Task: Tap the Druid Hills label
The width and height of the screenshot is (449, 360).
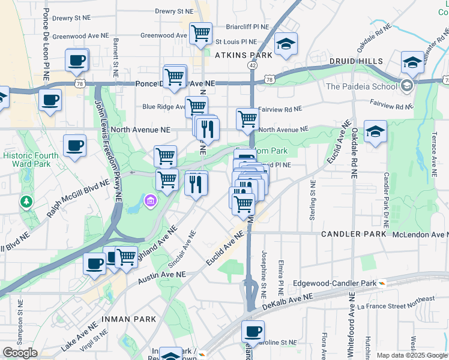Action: (x=355, y=62)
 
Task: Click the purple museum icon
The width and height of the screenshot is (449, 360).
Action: (x=150, y=200)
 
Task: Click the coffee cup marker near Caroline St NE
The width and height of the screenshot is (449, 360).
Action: (x=253, y=331)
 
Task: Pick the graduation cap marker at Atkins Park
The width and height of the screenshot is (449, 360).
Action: (x=286, y=44)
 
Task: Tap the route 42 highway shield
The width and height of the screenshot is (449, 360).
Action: (x=252, y=65)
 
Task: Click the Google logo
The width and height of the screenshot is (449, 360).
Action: (x=20, y=353)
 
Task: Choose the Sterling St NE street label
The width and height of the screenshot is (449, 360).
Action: (x=312, y=200)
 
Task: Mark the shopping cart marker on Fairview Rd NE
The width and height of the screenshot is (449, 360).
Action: (x=247, y=119)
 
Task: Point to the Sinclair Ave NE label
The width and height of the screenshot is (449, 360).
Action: (x=183, y=250)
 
